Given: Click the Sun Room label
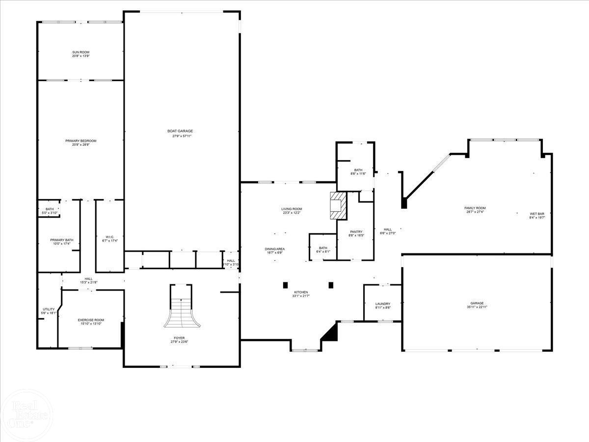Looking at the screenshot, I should (81, 52).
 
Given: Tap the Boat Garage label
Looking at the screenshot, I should (180, 131).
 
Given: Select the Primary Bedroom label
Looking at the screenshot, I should (81, 141).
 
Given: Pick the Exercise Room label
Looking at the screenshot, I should (91, 320).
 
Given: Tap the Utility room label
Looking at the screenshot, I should (49, 309).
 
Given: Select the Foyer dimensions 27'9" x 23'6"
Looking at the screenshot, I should (179, 342).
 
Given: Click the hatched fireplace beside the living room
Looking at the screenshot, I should (337, 206).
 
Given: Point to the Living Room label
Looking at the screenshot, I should (292, 209).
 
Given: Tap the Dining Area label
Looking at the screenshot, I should (275, 249).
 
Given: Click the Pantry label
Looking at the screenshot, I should (356, 232).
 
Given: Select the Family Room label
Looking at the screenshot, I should (475, 208).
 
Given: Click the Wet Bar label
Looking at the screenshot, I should (537, 214).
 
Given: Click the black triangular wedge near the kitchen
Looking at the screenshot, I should (331, 332).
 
